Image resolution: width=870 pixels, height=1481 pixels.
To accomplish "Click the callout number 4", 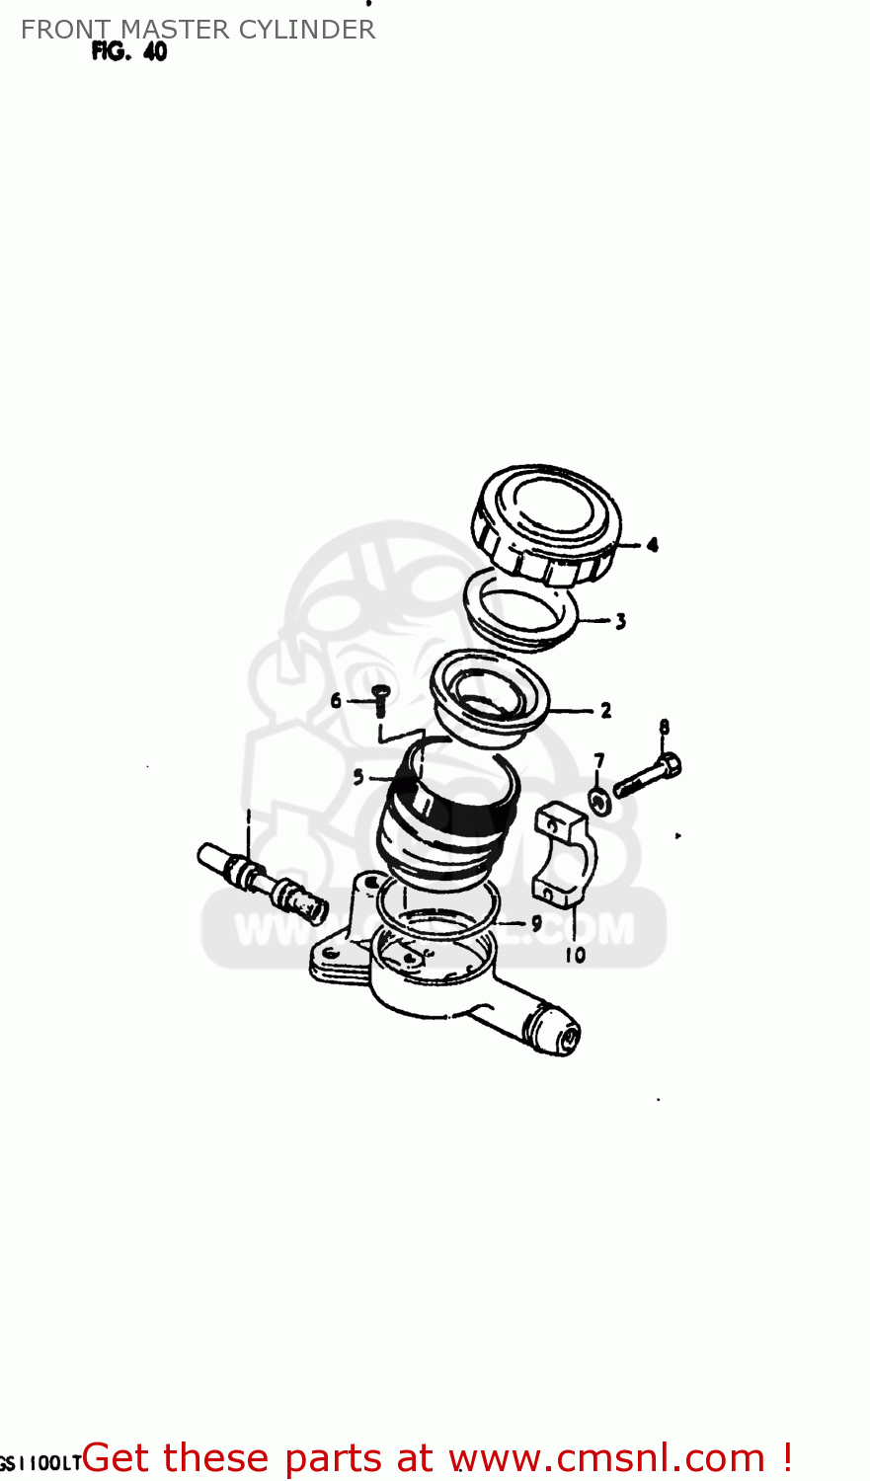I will (x=652, y=544).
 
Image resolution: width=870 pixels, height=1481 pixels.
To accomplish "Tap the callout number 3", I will (x=620, y=621).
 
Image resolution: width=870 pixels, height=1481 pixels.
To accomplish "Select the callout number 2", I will (x=605, y=710).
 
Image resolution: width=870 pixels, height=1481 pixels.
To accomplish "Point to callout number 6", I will (x=336, y=700).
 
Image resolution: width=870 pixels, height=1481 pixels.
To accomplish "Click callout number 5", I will (x=358, y=777).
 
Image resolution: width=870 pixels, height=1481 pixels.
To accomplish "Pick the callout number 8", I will (x=664, y=728).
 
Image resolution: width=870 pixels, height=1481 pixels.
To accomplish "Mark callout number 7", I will (x=598, y=760).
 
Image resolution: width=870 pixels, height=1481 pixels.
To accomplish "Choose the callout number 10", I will (x=575, y=955).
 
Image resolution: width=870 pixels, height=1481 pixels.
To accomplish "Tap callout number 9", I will (x=536, y=923).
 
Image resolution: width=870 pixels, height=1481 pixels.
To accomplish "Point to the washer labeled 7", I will (x=599, y=800).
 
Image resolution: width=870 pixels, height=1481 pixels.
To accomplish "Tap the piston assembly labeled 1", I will (x=263, y=878).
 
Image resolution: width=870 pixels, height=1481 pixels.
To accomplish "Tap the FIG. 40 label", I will (x=129, y=52).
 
